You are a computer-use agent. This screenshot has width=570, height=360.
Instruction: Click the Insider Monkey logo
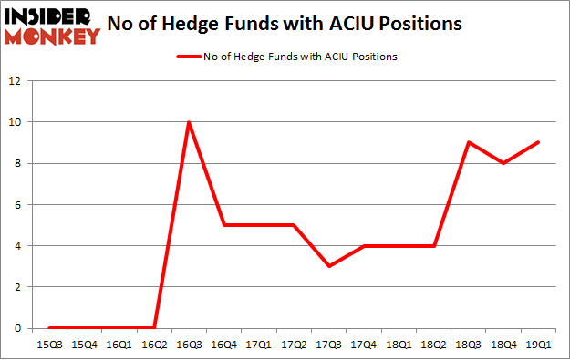point(52,26)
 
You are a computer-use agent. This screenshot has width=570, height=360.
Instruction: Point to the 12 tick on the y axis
point(15,81)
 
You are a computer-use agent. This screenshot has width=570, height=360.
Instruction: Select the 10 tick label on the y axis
point(15,122)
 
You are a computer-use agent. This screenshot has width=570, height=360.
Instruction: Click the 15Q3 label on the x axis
point(48,345)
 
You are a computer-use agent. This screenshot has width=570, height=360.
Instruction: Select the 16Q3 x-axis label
point(189,345)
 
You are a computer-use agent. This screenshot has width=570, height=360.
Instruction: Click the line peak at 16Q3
point(189,122)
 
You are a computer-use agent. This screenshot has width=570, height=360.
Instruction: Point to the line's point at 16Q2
point(154,328)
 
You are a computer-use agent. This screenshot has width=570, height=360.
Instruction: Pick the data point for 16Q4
point(224,225)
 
